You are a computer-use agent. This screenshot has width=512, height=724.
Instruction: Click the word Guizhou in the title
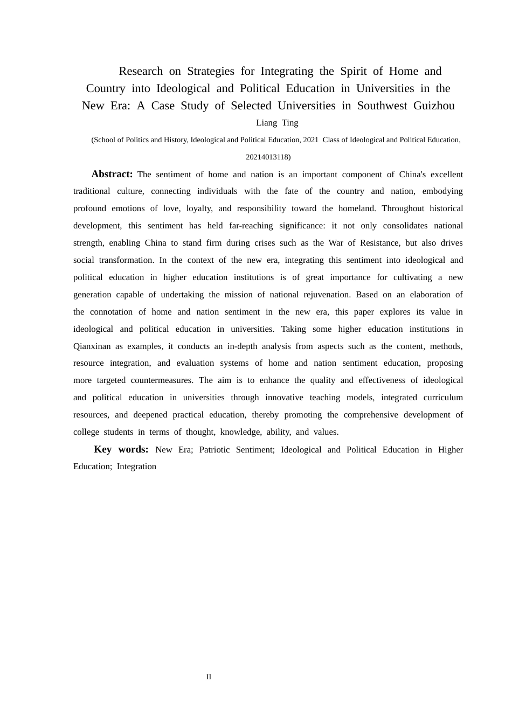(434, 106)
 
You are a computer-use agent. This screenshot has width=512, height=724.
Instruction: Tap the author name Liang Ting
(277, 123)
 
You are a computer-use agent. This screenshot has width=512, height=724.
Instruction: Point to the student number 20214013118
(267, 157)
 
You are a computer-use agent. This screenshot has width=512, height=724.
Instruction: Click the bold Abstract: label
(112, 174)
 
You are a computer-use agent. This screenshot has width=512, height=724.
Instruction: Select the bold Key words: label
(121, 449)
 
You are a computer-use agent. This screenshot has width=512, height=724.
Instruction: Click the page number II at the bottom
(209, 677)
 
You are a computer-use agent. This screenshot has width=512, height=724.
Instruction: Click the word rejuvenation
(323, 295)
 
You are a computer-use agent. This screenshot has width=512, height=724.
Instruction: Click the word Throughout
(403, 208)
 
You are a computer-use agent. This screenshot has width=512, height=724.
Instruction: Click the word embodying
(442, 191)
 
